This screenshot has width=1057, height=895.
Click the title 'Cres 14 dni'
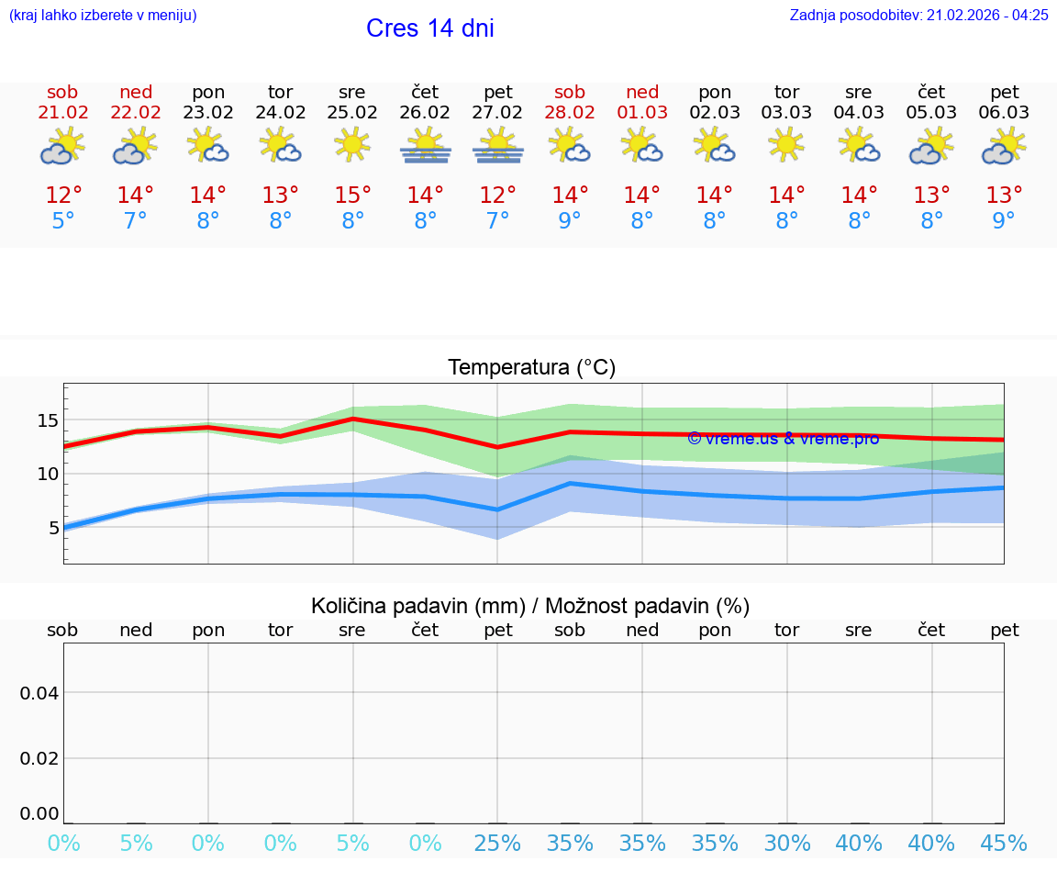click(x=429, y=28)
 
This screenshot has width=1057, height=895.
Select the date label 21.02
click(x=62, y=113)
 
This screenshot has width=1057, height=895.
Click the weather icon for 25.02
click(x=352, y=145)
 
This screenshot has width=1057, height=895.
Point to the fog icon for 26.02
click(x=425, y=146)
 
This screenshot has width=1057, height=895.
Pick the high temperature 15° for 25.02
click(x=352, y=196)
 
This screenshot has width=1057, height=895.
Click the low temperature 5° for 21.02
click(x=62, y=221)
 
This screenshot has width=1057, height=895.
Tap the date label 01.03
click(x=642, y=113)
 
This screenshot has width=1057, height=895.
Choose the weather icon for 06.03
click(x=1004, y=146)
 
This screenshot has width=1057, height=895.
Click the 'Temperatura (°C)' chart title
click(x=531, y=368)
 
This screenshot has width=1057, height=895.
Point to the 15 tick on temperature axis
click(x=48, y=420)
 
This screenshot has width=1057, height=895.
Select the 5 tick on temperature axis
click(x=53, y=528)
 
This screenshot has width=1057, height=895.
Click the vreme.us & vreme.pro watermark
click(x=783, y=439)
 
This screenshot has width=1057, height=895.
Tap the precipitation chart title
click(x=530, y=606)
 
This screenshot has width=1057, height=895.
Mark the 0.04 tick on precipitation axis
click(x=40, y=693)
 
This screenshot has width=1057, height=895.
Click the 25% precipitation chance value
click(x=497, y=844)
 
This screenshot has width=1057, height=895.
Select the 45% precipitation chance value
click(x=1004, y=844)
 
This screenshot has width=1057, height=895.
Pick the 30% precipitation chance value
click(x=787, y=844)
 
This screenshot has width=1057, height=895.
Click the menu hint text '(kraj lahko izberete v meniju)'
click(x=103, y=15)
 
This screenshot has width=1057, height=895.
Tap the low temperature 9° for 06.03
click(x=1004, y=221)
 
